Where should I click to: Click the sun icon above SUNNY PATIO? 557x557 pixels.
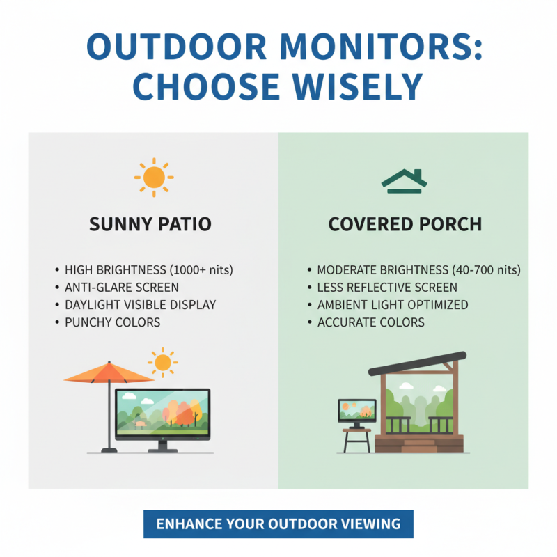tap(153, 178)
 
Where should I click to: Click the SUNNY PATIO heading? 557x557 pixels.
tap(150, 225)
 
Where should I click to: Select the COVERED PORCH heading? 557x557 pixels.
tap(405, 225)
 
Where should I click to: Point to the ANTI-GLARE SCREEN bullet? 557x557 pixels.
tap(121, 287)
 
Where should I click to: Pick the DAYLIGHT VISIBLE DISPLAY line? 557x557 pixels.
tap(140, 304)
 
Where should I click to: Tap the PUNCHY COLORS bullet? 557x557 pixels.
tap(112, 322)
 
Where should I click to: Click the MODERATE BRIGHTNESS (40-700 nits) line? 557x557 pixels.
tap(418, 269)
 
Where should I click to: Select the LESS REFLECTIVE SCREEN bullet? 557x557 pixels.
tap(387, 287)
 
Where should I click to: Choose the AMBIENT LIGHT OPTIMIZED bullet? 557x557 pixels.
tap(393, 304)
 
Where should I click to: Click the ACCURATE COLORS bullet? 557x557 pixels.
tap(371, 322)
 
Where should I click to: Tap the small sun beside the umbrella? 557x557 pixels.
tap(163, 362)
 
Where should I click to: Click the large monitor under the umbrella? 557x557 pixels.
tap(162, 414)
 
